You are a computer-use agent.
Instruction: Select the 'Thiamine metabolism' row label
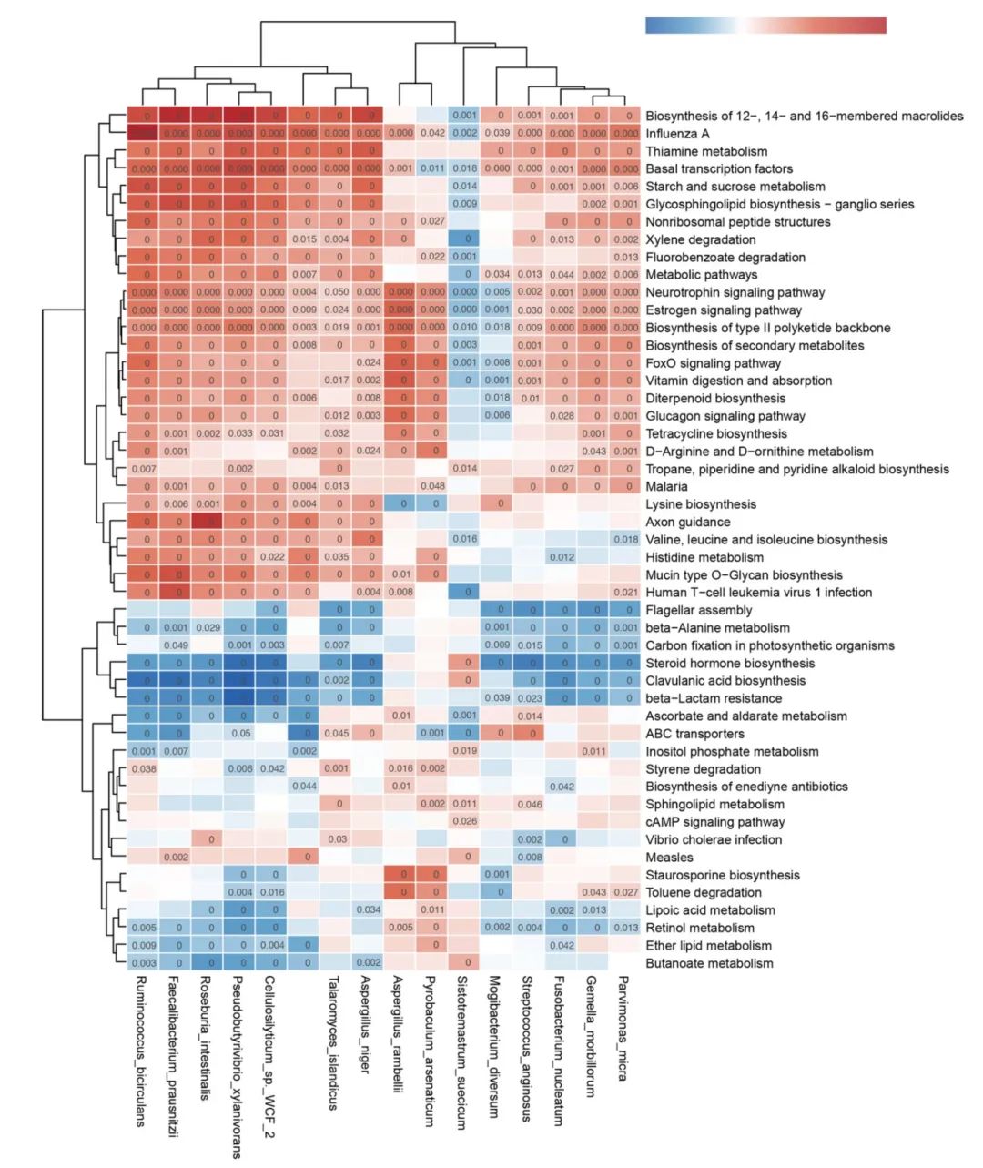coord(706,151)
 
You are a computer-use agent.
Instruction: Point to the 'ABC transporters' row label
coord(694,734)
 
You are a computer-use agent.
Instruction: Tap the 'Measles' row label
coord(669,858)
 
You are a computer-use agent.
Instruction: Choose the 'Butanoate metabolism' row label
coord(709,963)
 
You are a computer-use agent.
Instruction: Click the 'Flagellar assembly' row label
coord(698,611)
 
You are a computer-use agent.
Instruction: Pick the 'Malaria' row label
coord(666,487)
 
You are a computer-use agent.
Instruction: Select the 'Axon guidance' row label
coord(687,523)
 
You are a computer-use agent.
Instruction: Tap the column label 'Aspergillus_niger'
coord(365,1025)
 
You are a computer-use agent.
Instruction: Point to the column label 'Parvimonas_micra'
coord(623,1029)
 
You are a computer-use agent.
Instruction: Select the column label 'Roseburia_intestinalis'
coord(206,1039)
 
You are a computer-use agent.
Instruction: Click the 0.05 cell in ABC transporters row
coord(241,734)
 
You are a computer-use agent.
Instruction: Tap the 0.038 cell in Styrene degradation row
coord(143,769)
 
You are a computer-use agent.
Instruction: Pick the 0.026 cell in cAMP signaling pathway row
coord(464,822)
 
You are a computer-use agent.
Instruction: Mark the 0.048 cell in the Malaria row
coord(432,487)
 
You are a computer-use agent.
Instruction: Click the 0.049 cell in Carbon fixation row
coord(176,645)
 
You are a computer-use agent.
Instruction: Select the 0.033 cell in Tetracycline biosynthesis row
coord(241,434)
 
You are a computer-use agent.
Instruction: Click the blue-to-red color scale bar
coord(765,25)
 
